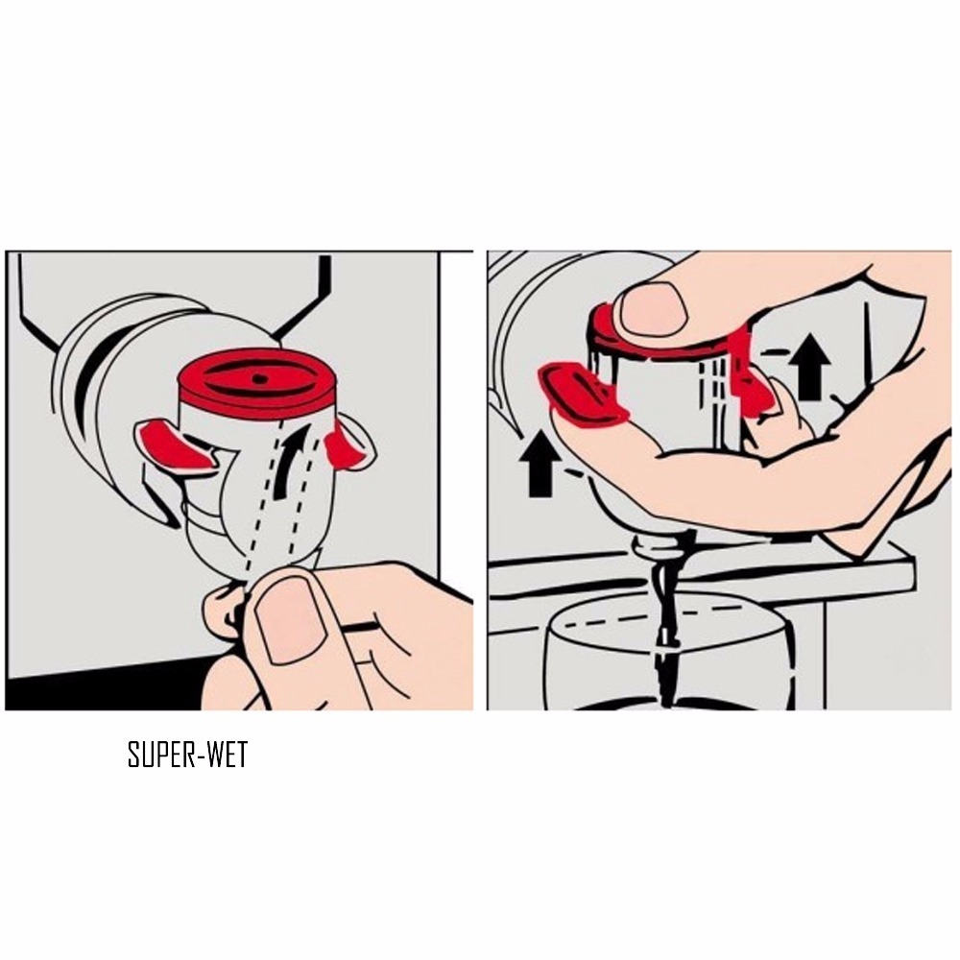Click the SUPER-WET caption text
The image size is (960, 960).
187,755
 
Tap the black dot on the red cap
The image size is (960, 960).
260,379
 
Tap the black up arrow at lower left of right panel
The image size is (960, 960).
540,463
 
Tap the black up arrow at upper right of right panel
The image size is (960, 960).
808,366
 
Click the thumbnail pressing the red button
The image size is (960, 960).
652,309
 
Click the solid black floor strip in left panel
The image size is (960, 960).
104,687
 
